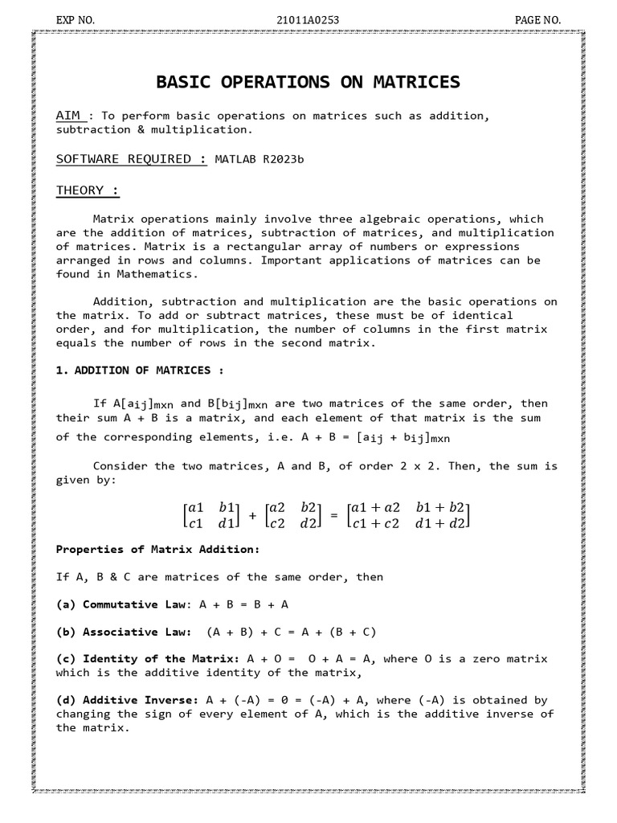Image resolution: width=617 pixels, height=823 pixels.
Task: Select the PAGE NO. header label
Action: tap(537, 19)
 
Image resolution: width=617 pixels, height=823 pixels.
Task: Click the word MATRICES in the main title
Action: tap(407, 82)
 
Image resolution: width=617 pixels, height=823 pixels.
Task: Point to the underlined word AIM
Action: tap(67, 116)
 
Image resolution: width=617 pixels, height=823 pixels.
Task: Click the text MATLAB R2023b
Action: tap(259, 159)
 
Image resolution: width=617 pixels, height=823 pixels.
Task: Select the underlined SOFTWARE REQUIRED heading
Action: tap(130, 159)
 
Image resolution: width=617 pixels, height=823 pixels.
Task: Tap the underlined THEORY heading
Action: tap(88, 190)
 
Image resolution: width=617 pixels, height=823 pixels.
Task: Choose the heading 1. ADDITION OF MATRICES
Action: tap(138, 371)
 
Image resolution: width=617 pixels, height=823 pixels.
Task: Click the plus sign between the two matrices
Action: tap(252, 516)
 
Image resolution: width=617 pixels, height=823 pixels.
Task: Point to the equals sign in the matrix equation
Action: tap(334, 516)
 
